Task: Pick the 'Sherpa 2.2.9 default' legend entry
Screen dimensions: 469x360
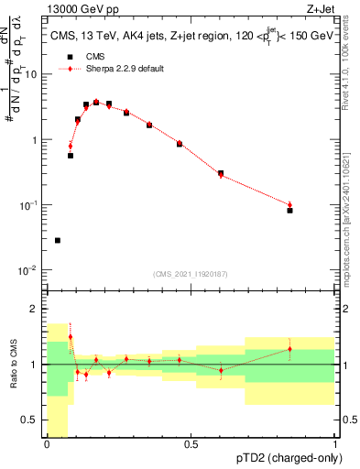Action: [110, 69]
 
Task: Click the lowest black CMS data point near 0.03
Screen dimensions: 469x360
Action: [58, 241]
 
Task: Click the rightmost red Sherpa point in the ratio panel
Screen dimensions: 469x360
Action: [289, 349]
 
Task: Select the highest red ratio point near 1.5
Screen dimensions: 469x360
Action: [71, 337]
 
